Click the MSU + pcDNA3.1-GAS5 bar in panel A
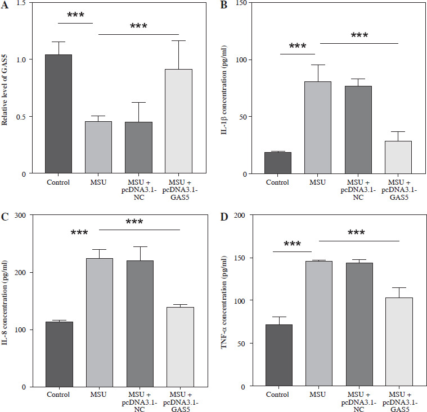click(178, 121)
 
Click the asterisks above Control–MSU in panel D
click(292, 245)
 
